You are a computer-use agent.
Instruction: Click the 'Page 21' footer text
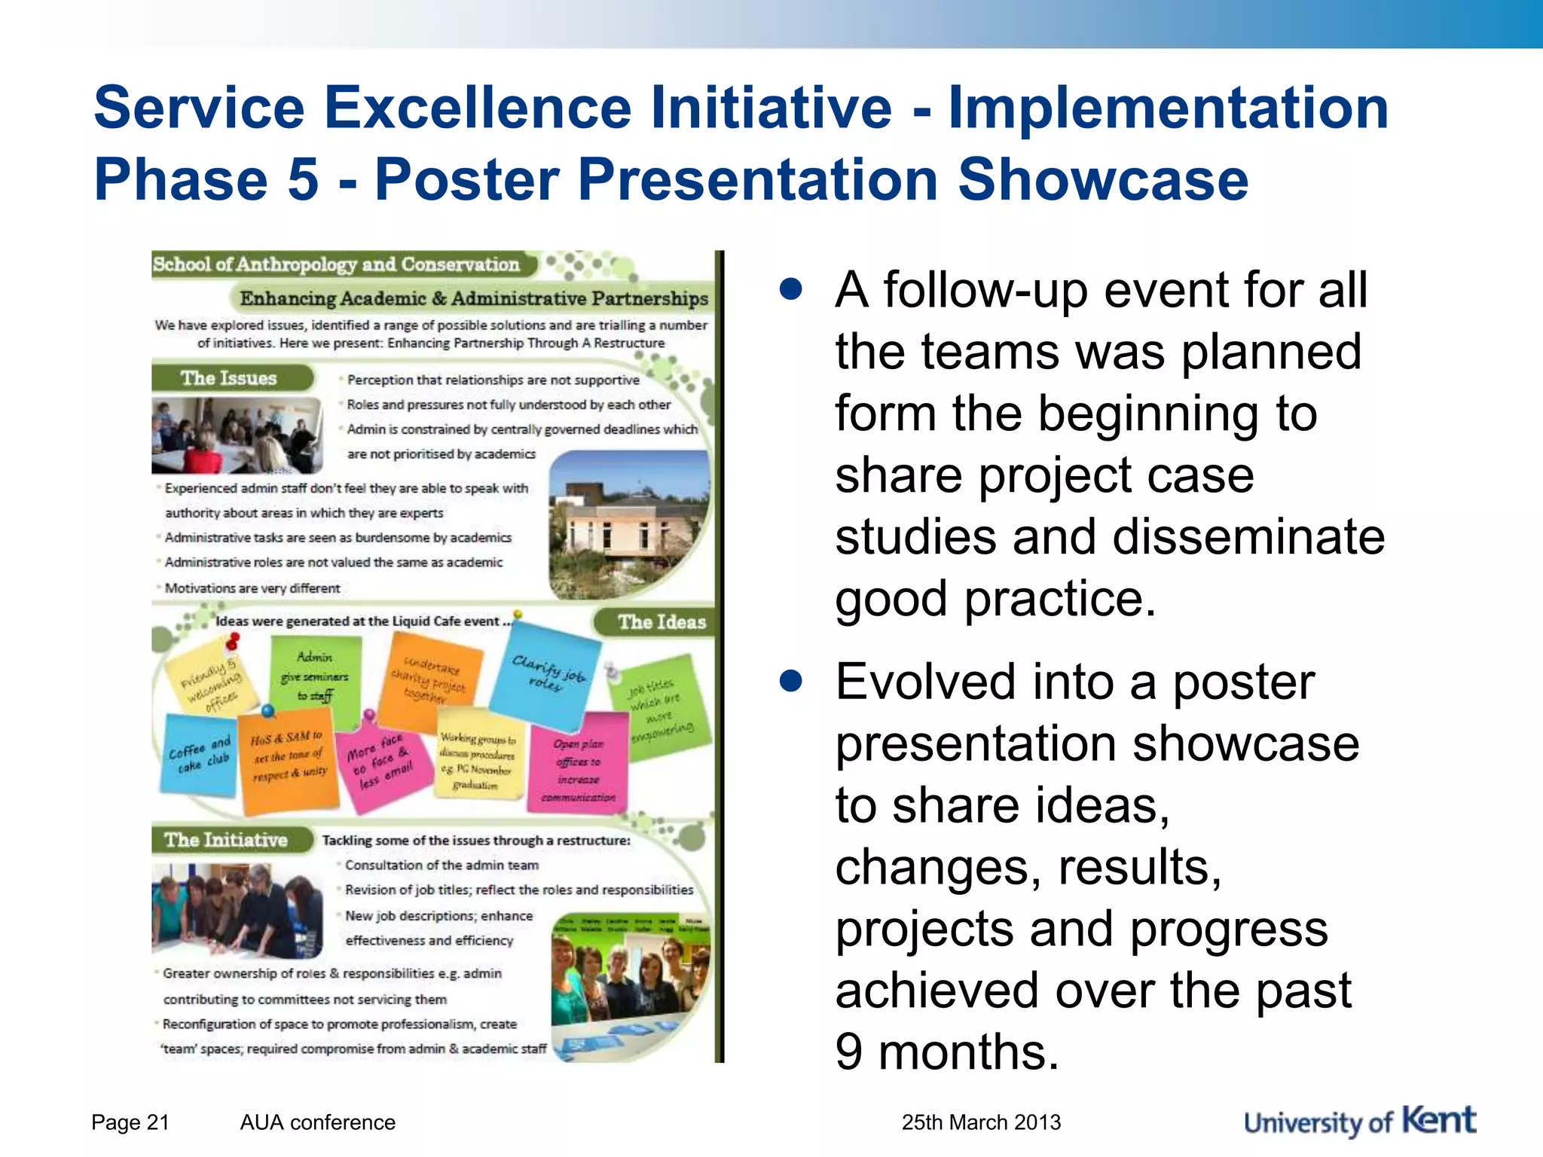(130, 1122)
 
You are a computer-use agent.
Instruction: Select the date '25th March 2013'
(981, 1122)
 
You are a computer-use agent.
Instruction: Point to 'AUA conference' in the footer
(317, 1122)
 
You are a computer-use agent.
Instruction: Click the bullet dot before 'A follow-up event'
(790, 289)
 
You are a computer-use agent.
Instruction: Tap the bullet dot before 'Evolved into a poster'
(790, 681)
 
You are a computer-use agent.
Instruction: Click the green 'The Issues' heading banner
(230, 378)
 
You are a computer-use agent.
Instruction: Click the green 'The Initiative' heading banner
(228, 840)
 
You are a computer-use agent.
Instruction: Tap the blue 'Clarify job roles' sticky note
(546, 674)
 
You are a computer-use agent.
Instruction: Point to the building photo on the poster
(629, 524)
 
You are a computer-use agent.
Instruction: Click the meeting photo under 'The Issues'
(237, 435)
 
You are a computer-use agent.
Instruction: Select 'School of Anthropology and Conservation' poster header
(337, 264)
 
